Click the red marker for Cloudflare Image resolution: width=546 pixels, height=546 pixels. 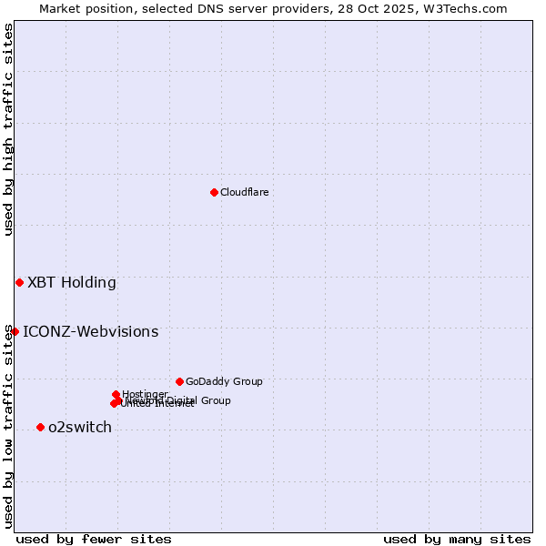coord(214,192)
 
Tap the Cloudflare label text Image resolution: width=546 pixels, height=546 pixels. coord(244,192)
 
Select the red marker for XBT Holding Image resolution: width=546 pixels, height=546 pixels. coord(19,282)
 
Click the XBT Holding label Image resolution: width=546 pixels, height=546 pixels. coord(72,282)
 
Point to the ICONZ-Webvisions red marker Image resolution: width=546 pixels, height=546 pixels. coord(15,331)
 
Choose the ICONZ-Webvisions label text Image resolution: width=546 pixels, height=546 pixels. coord(90,331)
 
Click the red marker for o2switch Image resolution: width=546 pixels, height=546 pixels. coord(40,427)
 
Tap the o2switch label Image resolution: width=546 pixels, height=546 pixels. coord(80,427)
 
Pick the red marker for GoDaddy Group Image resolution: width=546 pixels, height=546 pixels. coord(179,381)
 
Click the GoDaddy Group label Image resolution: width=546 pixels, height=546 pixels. coord(224,381)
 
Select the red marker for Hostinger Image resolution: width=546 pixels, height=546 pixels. coord(116,394)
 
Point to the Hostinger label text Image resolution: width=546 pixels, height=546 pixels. coord(145,394)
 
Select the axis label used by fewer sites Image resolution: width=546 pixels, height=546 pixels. coord(94,539)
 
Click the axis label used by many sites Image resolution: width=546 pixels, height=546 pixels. coord(457,539)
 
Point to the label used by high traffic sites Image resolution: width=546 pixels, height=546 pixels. coord(8,129)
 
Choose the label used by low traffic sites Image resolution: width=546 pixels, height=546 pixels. coord(8,426)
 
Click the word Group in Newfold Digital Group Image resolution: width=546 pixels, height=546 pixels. coord(215,400)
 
